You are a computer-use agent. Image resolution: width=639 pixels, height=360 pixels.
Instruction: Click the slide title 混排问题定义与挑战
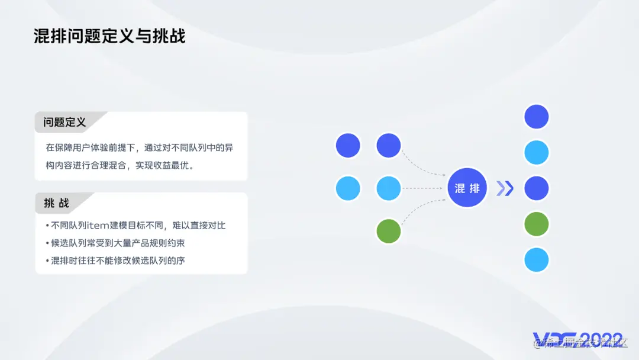coord(109,36)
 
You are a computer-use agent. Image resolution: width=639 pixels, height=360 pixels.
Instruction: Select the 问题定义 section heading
coord(64,123)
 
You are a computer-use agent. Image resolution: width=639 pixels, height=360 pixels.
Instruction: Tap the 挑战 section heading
coord(57,203)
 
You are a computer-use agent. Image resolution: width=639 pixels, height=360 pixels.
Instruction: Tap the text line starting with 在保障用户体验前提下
coord(143,148)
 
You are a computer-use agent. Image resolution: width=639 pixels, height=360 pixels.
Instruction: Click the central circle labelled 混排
coord(467,188)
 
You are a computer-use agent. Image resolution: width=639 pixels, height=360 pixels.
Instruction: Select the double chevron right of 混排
coord(505,188)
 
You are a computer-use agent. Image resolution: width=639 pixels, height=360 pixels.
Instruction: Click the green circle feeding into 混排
coord(389,231)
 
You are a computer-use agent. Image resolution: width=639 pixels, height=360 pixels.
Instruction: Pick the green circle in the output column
coord(537,224)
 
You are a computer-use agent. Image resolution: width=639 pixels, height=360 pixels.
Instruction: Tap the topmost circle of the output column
coord(537,117)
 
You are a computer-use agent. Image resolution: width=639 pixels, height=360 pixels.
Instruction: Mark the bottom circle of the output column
coord(537,260)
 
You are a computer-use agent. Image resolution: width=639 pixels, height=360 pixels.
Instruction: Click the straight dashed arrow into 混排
coord(423,188)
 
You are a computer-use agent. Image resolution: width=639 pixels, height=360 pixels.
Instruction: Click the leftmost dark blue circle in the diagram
coord(348,146)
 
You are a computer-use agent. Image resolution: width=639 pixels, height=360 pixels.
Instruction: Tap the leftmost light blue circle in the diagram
coord(348,188)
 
